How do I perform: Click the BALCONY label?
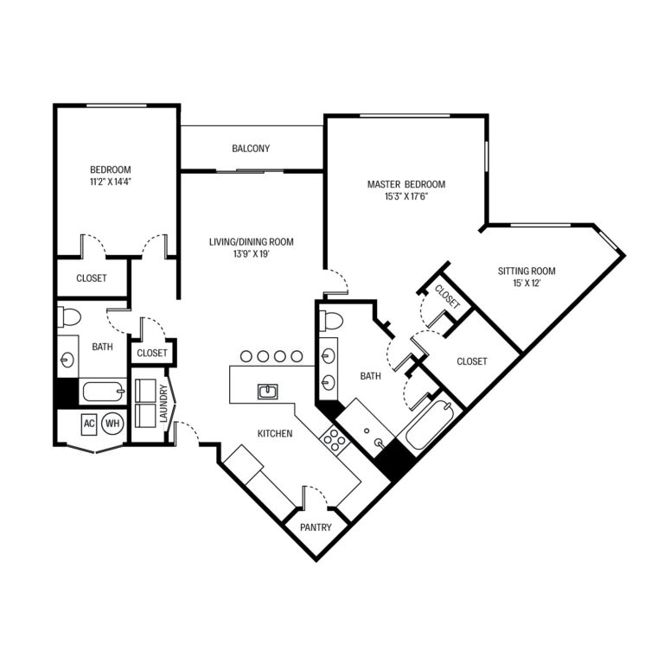coord(251,149)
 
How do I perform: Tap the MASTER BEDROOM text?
coord(405,184)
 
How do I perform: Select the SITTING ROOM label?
coord(526,271)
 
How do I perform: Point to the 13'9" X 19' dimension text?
coord(251,255)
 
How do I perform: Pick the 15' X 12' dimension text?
coord(526,284)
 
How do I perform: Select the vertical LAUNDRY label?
coord(164,404)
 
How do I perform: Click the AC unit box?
coord(88,424)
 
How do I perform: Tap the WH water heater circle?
coord(112,424)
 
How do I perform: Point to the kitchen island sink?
coord(268,392)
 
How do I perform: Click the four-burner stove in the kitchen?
coord(335,438)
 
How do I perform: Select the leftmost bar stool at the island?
coord(245,355)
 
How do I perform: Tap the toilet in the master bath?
coord(332,322)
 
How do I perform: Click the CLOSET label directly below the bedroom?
coord(91,278)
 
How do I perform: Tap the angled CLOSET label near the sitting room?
coord(446,296)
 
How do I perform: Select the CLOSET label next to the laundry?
coord(152,353)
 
